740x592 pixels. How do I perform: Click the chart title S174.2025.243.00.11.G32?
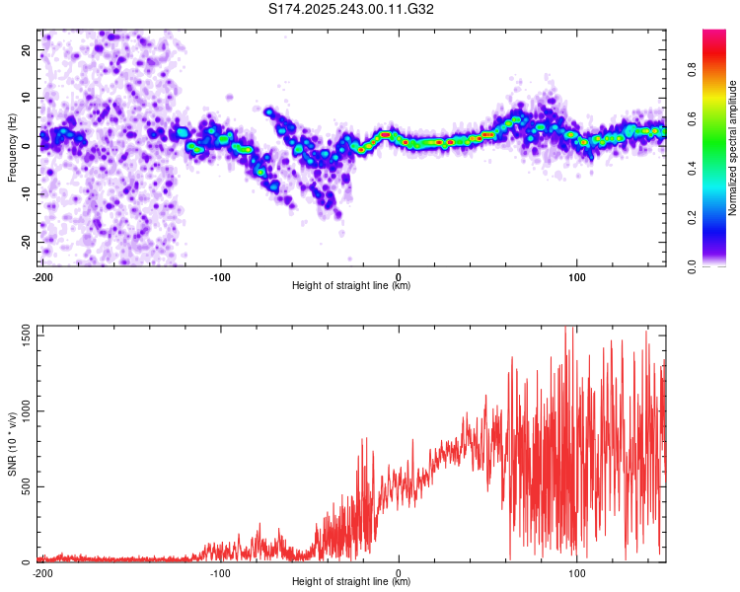352,10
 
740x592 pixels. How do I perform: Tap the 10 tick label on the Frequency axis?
27,98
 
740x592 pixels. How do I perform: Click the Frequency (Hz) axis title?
11,147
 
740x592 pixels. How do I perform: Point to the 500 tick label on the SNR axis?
25,487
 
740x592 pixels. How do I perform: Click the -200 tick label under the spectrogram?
42,277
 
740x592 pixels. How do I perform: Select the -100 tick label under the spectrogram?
220,277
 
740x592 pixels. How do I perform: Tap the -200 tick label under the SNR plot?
42,572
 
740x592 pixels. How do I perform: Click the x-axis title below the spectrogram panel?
351,286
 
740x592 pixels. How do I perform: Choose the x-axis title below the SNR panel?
351,582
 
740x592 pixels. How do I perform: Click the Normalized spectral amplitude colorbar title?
733,148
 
